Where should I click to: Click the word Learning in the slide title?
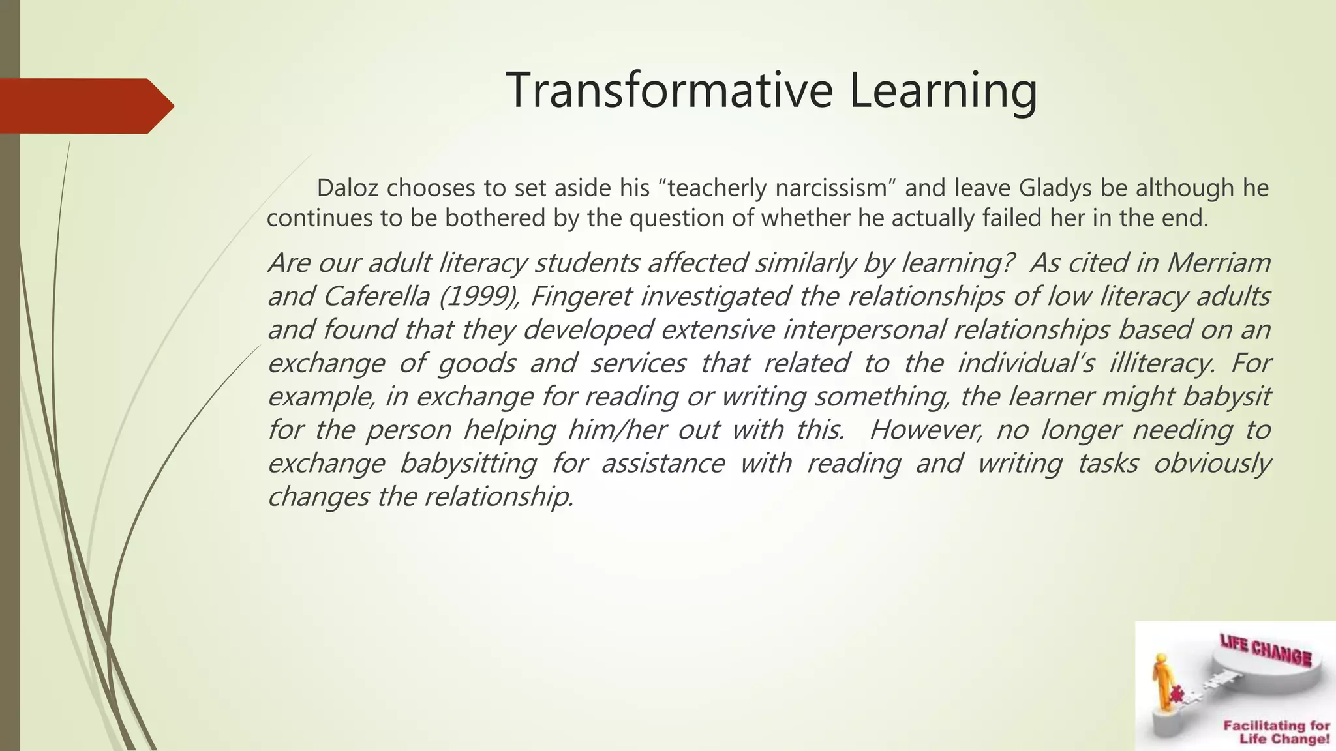click(x=943, y=91)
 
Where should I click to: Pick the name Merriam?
click(x=1218, y=263)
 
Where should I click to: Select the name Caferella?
click(x=376, y=297)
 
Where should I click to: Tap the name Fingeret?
click(x=581, y=297)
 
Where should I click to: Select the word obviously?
click(x=1211, y=464)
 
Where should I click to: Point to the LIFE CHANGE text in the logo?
click(x=1265, y=652)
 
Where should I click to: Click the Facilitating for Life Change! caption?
click(x=1276, y=732)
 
